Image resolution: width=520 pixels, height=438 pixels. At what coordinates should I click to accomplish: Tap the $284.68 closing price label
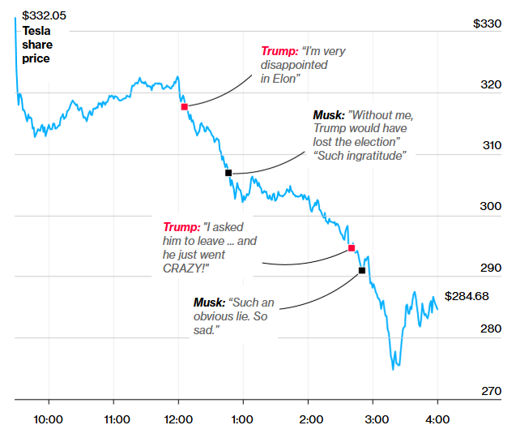(467, 296)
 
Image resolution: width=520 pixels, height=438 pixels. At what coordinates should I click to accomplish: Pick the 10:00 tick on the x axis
(49, 419)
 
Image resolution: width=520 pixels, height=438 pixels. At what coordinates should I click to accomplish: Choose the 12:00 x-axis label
(178, 419)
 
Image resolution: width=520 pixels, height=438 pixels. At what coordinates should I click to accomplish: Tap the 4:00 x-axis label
(437, 419)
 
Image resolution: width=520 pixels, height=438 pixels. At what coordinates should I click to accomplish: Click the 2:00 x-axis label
(308, 419)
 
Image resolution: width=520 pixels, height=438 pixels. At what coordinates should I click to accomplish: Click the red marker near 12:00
(184, 106)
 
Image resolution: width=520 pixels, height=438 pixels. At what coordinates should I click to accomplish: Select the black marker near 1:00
(228, 173)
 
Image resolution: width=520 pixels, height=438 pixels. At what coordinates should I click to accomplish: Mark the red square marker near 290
(352, 248)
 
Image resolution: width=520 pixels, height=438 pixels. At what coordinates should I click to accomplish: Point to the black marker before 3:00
(361, 270)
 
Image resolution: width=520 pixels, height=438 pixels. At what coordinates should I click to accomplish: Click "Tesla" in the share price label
(37, 32)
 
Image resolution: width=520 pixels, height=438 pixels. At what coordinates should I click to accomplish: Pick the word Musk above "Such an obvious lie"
(209, 303)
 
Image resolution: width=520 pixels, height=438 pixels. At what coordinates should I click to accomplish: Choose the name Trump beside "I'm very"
(278, 51)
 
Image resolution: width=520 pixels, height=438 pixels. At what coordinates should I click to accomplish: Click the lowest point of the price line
(394, 369)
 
